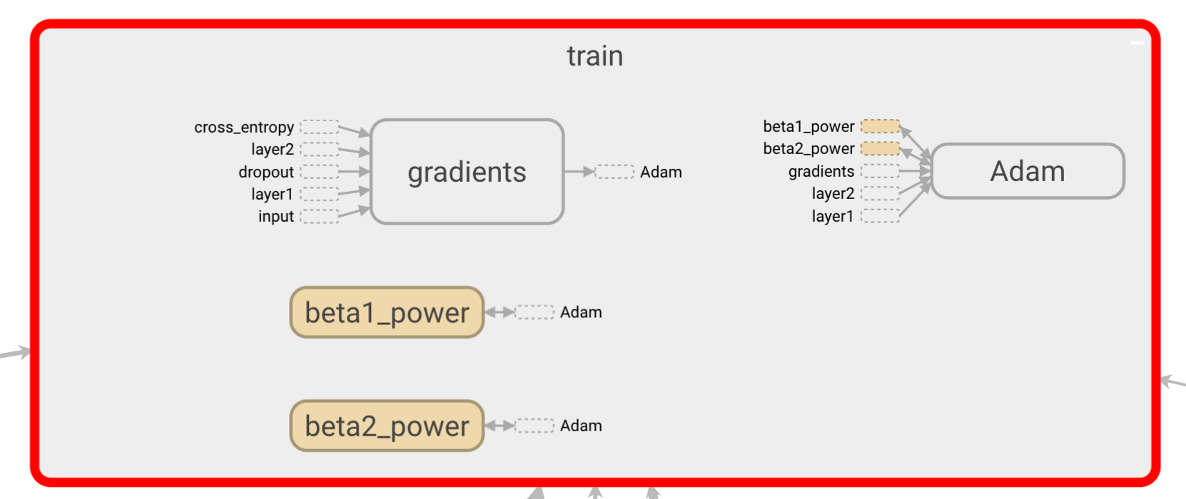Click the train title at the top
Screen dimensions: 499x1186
[594, 56]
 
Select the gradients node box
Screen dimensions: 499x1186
[467, 172]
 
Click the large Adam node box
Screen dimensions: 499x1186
[1028, 171]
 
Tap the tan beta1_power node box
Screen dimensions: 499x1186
[387, 312]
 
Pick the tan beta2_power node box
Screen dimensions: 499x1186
[387, 426]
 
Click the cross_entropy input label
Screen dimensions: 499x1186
[244, 127]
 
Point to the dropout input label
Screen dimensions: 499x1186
[266, 172]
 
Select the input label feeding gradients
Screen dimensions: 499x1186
[276, 216]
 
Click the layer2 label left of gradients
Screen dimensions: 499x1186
[273, 149]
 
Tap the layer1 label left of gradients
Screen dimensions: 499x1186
[272, 194]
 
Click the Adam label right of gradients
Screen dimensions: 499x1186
[661, 172]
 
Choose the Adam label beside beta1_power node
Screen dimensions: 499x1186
[581, 312]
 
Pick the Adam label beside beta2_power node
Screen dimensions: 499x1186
[581, 426]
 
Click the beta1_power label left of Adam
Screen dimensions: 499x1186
[809, 126]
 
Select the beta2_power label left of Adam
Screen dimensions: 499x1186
[809, 148]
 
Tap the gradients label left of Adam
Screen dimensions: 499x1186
[821, 171]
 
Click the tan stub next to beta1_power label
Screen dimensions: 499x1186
[880, 126]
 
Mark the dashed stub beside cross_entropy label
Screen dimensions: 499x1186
[319, 127]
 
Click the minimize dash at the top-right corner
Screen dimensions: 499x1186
[1137, 43]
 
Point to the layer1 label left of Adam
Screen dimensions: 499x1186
[833, 216]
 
